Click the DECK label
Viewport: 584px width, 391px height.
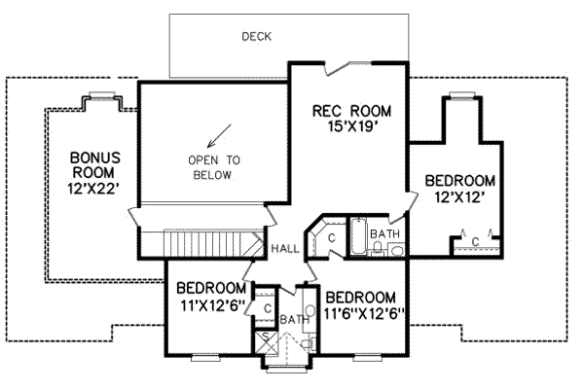click(x=257, y=36)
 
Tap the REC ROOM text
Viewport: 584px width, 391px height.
click(x=352, y=111)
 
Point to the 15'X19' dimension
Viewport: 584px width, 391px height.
click(x=353, y=126)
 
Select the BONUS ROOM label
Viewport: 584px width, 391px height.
click(x=95, y=164)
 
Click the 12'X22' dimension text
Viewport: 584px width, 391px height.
click(x=95, y=189)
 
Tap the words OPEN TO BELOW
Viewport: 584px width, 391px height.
click(x=214, y=167)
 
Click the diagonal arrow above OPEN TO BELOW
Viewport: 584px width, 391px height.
click(x=219, y=135)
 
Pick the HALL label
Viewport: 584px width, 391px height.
click(x=285, y=249)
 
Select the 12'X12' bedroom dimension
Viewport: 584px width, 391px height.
click(x=460, y=196)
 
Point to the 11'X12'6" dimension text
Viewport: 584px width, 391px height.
click(x=212, y=305)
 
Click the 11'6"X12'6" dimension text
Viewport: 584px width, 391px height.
click(x=364, y=314)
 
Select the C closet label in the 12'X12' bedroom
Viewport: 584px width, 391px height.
click(x=475, y=242)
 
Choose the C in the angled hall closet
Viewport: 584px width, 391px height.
click(x=332, y=237)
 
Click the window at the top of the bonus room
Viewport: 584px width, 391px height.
click(x=102, y=95)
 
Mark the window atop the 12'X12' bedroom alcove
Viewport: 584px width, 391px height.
click(x=461, y=95)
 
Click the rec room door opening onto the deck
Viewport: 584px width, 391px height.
click(x=348, y=68)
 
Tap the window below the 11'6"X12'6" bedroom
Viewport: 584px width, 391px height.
click(x=365, y=358)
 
